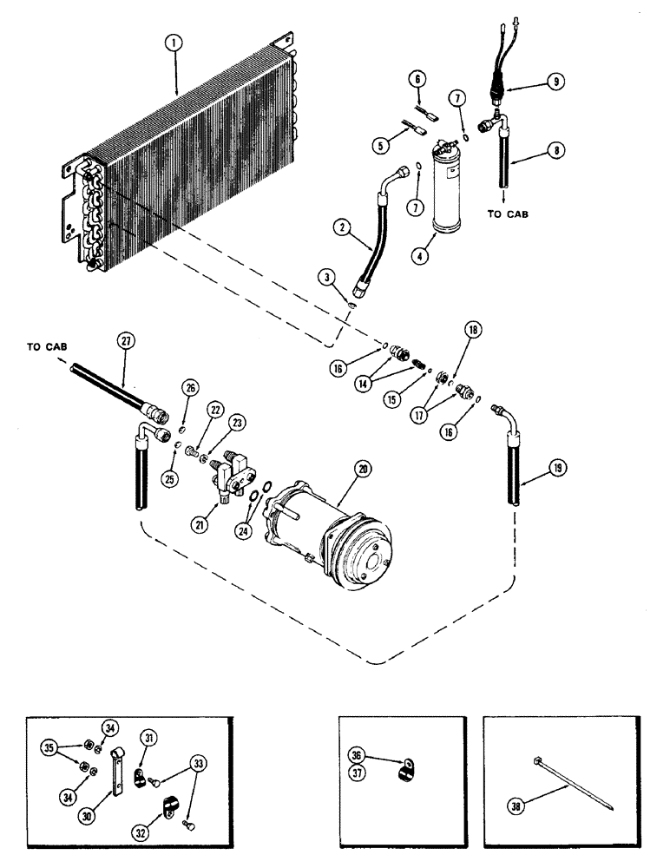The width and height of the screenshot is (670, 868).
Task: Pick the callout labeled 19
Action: [x=555, y=472]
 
